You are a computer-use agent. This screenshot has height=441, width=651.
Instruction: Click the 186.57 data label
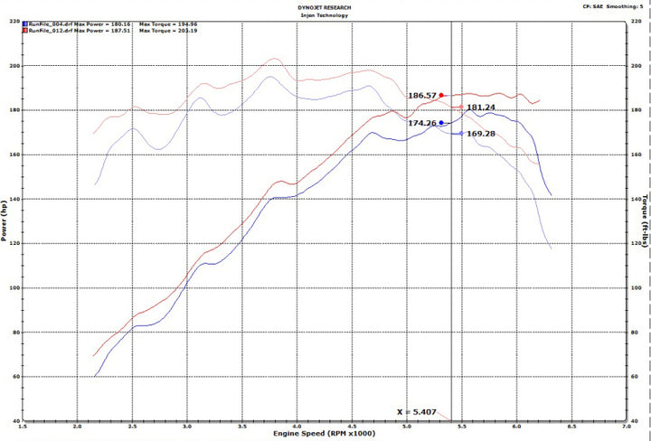click(421, 95)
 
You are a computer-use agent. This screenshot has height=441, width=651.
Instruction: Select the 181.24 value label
click(480, 108)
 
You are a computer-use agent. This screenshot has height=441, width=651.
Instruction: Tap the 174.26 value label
click(422, 123)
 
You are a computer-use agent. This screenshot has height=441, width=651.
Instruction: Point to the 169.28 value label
click(480, 134)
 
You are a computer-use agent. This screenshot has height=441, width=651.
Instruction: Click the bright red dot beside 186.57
click(441, 95)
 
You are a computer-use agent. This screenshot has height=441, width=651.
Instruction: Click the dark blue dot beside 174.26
click(441, 123)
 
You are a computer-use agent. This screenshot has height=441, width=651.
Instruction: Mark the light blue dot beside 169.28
click(461, 134)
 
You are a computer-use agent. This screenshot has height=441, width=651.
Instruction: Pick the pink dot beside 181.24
click(461, 108)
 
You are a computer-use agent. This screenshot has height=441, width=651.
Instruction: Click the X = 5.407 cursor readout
click(417, 412)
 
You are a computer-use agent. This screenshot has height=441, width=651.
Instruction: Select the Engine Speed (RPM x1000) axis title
click(325, 435)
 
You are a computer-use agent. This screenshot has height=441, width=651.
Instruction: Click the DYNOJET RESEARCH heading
click(325, 5)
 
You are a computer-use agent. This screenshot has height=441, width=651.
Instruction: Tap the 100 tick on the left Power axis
click(14, 287)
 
